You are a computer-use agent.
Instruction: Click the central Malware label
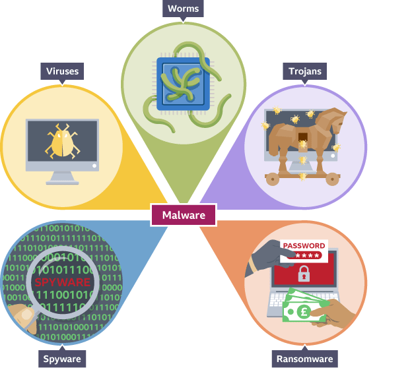(184, 215)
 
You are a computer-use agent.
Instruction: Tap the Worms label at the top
(183, 9)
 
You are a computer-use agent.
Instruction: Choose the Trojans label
(305, 71)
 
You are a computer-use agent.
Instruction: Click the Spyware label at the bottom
(62, 359)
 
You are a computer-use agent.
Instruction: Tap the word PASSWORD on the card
(304, 246)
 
